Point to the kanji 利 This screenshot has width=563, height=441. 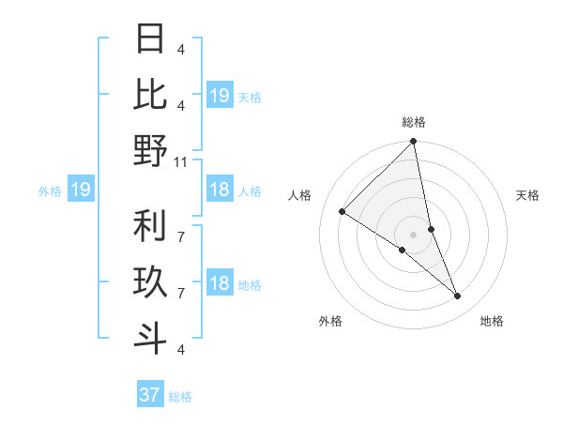150,226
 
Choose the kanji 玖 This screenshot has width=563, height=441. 150,281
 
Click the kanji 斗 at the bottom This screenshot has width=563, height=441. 150,338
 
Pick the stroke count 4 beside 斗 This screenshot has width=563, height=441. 181,349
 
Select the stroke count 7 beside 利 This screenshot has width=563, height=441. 181,225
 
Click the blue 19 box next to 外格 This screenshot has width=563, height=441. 80,190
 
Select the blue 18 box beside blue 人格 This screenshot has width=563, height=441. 220,190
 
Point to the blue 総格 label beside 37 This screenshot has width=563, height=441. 180,397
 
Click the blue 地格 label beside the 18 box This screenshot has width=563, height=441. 250,284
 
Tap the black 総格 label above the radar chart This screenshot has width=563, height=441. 414,122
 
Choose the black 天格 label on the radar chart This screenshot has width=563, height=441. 527,195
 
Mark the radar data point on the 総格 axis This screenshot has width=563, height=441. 414,142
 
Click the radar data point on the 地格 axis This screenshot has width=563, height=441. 458,296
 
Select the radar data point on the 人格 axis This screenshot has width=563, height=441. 342,211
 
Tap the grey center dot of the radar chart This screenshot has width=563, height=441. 414,235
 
